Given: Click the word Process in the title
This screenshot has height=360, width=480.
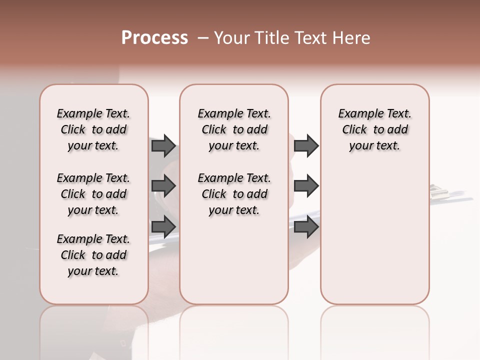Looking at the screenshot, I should pyautogui.click(x=154, y=38).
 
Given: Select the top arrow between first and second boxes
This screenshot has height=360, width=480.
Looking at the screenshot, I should pyautogui.click(x=163, y=145).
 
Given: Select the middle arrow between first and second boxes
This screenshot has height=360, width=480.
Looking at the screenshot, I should pyautogui.click(x=163, y=186).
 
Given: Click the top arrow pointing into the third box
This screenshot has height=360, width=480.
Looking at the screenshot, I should pyautogui.click(x=306, y=145).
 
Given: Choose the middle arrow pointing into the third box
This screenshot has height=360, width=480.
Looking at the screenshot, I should pyautogui.click(x=306, y=186).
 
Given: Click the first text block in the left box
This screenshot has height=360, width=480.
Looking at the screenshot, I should pyautogui.click(x=93, y=129).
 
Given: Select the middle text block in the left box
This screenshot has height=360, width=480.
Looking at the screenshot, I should pyautogui.click(x=93, y=194).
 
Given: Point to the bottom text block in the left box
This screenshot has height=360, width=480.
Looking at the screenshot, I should pyautogui.click(x=93, y=255).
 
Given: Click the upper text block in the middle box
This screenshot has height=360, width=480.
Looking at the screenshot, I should pyautogui.click(x=234, y=129).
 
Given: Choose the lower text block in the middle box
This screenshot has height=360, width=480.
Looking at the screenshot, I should pyautogui.click(x=234, y=194).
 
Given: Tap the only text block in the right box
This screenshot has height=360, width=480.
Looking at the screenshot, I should pyautogui.click(x=374, y=129).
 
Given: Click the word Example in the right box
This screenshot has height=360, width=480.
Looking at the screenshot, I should pyautogui.click(x=357, y=114).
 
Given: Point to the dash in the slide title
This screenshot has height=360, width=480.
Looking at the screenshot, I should pyautogui.click(x=203, y=38).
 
